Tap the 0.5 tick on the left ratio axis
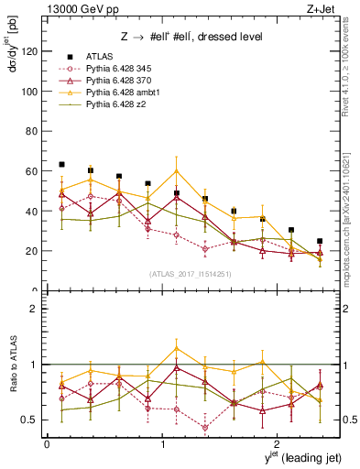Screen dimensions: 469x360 (x=30, y=420)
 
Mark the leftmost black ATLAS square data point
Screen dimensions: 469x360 (x=61, y=164)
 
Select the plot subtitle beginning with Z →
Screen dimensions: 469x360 (x=179, y=38)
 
